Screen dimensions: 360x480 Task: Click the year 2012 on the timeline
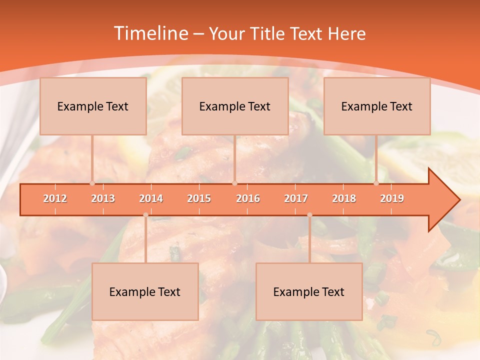point(55,198)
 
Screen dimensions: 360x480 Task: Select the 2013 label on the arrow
point(103,198)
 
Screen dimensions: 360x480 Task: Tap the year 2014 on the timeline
point(151,198)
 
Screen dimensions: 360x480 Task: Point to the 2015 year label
point(199,198)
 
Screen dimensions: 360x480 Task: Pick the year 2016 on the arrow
point(248,198)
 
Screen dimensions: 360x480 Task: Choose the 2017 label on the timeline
point(296,198)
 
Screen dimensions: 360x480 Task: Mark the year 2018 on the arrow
point(344,198)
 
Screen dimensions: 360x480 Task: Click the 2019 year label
point(392,198)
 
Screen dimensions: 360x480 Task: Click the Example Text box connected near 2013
point(93,106)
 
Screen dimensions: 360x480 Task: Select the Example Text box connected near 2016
point(235,106)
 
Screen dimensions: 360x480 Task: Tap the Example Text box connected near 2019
point(377,106)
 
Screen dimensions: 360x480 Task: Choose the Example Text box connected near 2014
point(145,291)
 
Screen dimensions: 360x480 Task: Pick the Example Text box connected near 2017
point(309,291)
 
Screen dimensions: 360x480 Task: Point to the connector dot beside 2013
point(92,183)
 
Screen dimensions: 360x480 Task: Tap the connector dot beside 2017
point(309,215)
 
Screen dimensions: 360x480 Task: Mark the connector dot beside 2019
point(376,183)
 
